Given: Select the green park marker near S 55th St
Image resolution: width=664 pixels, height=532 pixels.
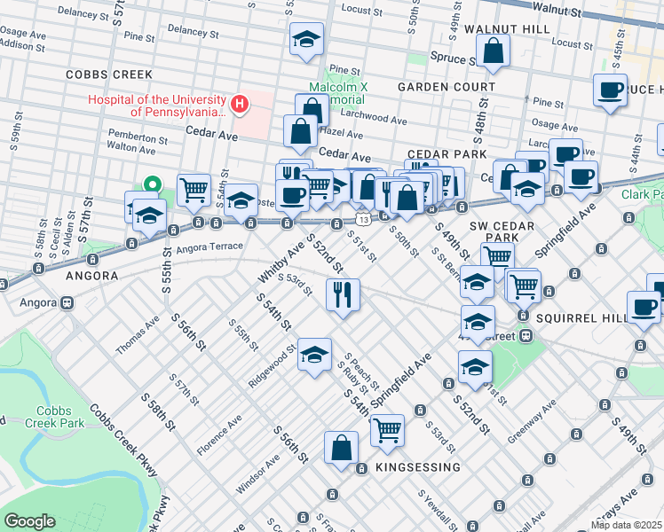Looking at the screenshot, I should [x=153, y=187].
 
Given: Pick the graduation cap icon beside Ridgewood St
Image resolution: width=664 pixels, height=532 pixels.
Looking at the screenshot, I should [x=313, y=354].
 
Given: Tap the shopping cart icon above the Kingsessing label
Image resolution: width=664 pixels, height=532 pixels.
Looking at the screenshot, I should [x=387, y=430].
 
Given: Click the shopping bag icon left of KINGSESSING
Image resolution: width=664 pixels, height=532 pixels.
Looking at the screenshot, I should [x=342, y=448].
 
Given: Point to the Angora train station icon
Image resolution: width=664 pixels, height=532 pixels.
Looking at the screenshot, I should [x=67, y=302].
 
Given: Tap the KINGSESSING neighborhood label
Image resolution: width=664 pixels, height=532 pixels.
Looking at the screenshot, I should [x=417, y=467].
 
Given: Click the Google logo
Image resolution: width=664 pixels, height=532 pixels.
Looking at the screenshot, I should [x=29, y=521].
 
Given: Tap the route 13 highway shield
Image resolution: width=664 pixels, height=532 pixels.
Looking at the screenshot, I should [x=363, y=217].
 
